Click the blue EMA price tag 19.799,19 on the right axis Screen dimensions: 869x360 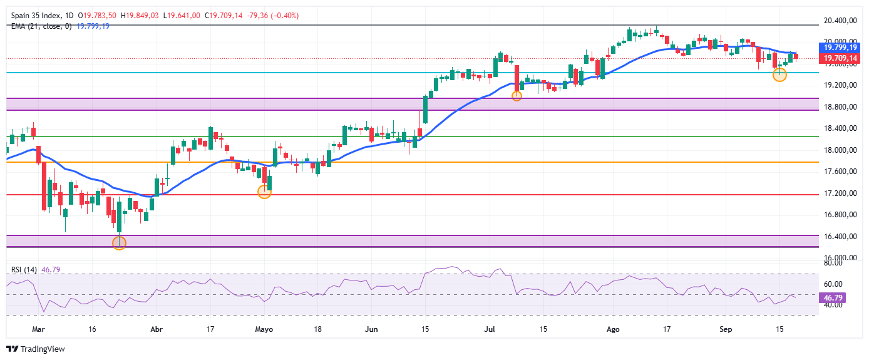[840, 48]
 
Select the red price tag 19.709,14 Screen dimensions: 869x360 [840, 59]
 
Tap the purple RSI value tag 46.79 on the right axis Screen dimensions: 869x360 [833, 298]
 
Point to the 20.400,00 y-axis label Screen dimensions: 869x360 [840, 21]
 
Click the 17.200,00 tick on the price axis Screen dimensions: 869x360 [840, 193]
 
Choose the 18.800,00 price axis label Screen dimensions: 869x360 [840, 107]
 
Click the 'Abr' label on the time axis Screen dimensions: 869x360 [157, 329]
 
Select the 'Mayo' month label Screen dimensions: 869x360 [264, 329]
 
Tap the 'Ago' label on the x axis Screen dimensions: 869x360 [613, 329]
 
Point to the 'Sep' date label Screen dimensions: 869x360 [726, 329]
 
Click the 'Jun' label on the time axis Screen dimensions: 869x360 [371, 329]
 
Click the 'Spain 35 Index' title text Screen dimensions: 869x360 [36, 16]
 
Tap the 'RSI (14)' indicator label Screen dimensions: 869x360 [24, 270]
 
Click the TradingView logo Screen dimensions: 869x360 [36, 349]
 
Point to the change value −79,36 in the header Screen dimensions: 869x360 [257, 16]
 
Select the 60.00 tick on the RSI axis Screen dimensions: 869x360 [833, 284]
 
